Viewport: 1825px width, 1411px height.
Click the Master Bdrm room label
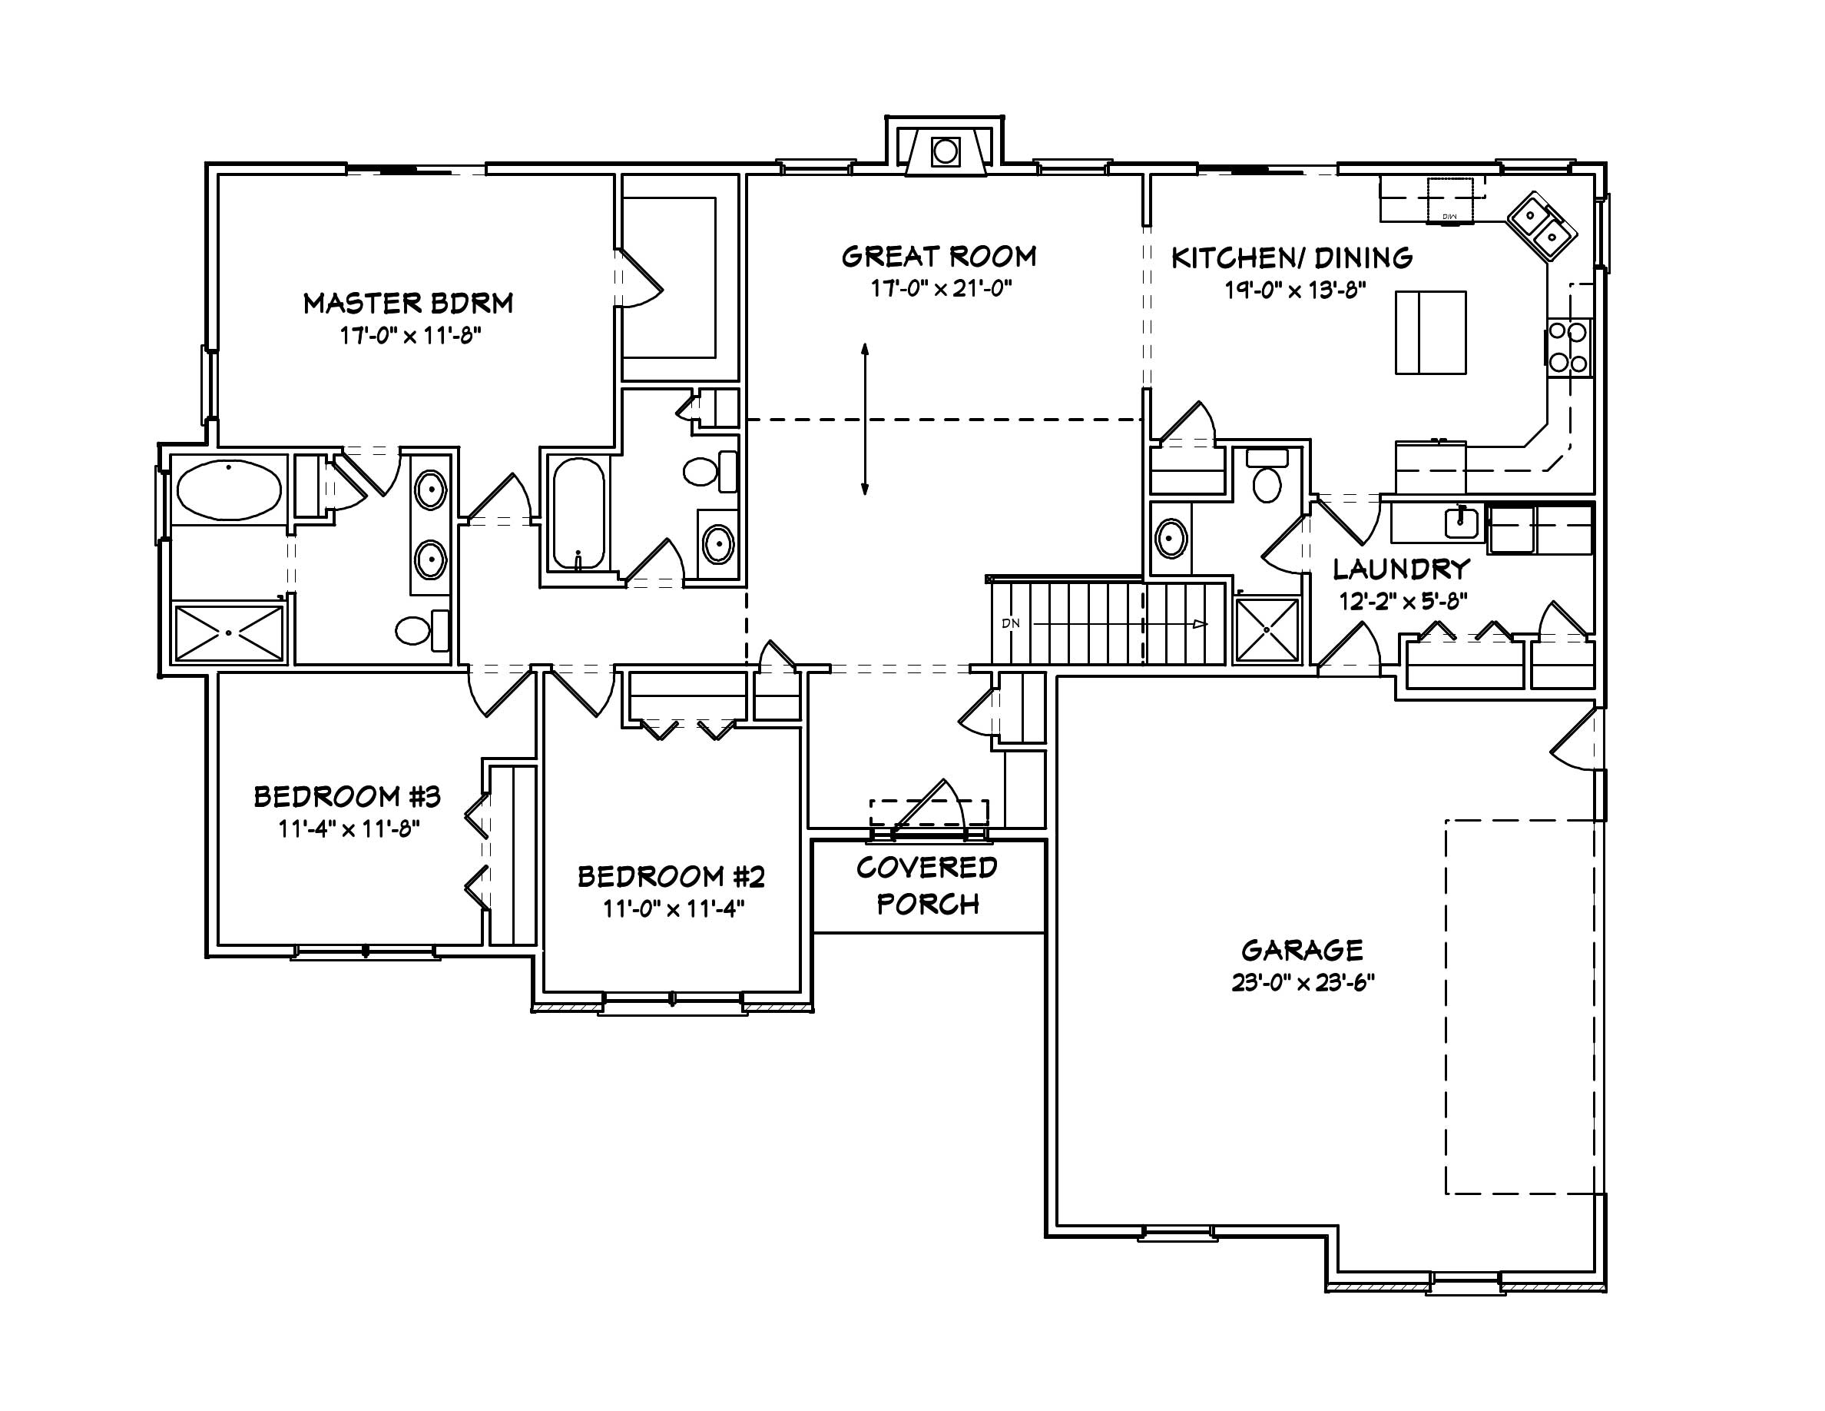tap(408, 303)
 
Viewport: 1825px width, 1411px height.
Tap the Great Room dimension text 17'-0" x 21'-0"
tap(941, 289)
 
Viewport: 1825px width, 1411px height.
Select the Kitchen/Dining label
tap(1292, 257)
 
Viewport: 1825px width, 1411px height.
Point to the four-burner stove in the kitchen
tap(1568, 347)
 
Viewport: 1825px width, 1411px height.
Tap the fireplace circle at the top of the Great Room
tap(945, 152)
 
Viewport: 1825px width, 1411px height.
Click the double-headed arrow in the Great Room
tap(865, 418)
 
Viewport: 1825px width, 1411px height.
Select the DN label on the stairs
tap(1010, 623)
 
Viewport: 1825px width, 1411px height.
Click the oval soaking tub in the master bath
tap(229, 490)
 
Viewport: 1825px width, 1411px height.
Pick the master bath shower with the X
tap(229, 633)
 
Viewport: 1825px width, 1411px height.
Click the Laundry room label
tap(1400, 569)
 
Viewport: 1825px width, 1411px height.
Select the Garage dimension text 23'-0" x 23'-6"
tap(1303, 983)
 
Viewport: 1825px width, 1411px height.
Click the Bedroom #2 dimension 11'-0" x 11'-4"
tap(673, 908)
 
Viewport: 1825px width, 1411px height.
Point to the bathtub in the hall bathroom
tap(578, 513)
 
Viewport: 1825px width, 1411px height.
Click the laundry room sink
tap(1461, 523)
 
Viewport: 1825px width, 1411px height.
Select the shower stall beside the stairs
tap(1267, 629)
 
